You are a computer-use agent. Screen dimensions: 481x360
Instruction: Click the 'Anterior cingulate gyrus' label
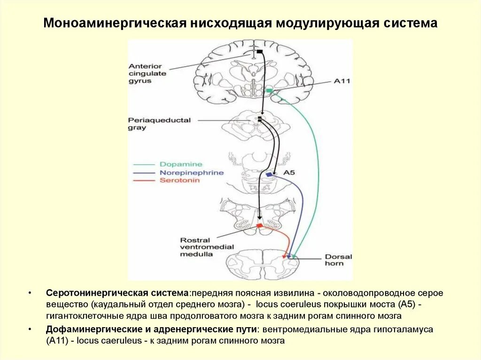[147, 74]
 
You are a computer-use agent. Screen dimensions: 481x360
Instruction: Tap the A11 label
[342, 81]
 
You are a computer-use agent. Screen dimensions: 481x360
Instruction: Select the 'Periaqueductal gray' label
[153, 123]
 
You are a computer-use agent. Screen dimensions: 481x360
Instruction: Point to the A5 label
[288, 173]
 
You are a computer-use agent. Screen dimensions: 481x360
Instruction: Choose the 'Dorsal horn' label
[338, 260]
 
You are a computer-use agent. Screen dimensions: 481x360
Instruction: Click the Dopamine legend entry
[181, 164]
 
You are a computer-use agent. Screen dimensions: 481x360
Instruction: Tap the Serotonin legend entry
[179, 180]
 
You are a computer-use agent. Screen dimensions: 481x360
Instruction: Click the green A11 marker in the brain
[269, 90]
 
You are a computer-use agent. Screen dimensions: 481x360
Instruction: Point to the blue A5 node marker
[269, 175]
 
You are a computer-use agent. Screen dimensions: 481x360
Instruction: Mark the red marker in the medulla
[258, 226]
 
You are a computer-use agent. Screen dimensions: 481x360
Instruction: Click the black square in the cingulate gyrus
[259, 51]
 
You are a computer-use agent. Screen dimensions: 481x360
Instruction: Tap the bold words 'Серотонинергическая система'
[117, 292]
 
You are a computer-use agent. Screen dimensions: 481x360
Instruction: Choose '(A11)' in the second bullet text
[58, 341]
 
